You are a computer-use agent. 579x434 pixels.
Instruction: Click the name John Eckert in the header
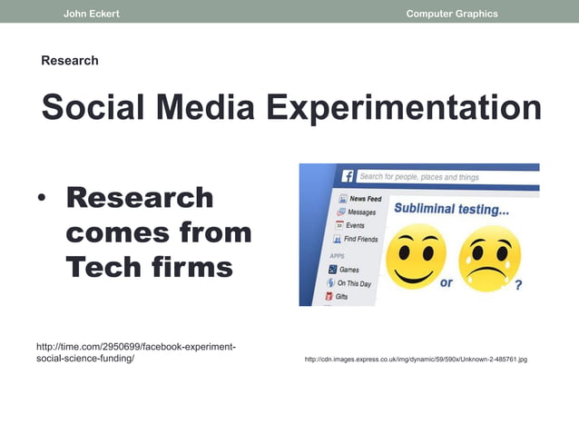point(91,14)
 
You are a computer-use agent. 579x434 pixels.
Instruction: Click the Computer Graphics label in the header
point(452,14)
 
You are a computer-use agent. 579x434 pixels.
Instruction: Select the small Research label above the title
point(70,61)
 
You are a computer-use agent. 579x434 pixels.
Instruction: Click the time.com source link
point(135,352)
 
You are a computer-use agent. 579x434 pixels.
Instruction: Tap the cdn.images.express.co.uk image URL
point(416,360)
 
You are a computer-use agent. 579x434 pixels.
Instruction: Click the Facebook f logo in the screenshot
point(347,176)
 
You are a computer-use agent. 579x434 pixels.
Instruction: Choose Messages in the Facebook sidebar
point(360,212)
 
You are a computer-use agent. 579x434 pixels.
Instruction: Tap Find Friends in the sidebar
point(359,239)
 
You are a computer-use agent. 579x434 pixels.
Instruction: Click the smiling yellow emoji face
point(416,255)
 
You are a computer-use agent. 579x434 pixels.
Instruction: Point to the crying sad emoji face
point(490,256)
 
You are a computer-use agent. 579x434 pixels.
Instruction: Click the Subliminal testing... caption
point(451,209)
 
